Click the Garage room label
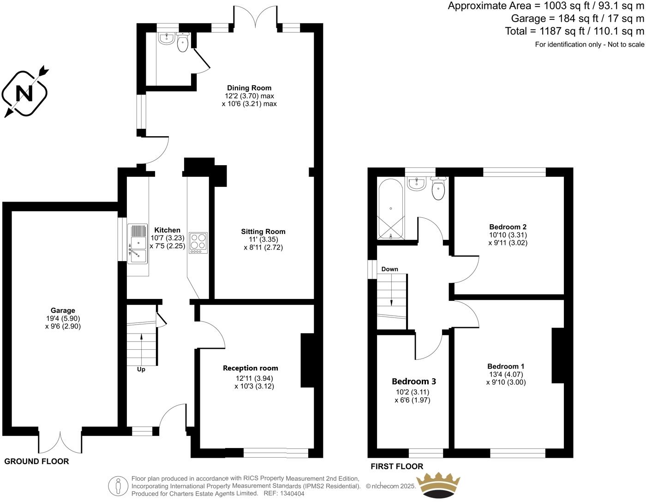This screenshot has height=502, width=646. pos(63,311)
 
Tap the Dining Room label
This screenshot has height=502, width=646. pos(249,88)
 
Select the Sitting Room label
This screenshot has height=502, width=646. pos(263,232)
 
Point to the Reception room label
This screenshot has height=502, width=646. pos(251,368)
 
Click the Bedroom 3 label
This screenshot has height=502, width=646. pos(414,382)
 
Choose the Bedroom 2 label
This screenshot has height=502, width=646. pos(508,227)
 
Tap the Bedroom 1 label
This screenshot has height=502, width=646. pos(506,366)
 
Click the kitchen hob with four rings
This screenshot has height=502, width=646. pos(198,243)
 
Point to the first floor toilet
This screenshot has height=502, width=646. pos(438,189)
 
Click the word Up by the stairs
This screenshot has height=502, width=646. pos(141,370)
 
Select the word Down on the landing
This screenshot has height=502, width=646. pos(390,269)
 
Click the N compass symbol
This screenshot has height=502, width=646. pos(24,94)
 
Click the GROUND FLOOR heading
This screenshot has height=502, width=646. pos(36,461)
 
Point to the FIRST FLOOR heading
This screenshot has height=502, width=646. pos(397,466)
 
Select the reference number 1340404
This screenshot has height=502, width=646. pos(291,493)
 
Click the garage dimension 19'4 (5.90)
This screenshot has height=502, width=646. pos(63,318)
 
